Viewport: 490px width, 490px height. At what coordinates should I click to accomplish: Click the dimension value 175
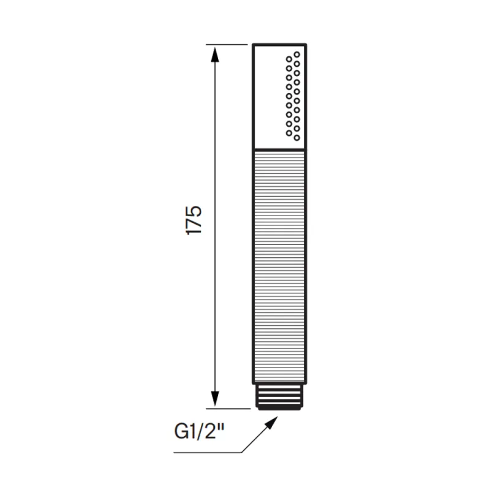194,220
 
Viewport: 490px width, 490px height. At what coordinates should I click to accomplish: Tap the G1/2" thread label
200,432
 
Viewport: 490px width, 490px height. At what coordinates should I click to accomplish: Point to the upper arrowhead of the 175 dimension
214,55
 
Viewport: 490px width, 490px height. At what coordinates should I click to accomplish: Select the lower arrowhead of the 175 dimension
214,399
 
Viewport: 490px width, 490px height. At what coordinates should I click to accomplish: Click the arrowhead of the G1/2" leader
271,423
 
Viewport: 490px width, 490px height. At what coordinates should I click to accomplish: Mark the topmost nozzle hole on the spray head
297,55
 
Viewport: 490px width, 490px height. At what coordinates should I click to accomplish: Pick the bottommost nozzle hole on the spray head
297,137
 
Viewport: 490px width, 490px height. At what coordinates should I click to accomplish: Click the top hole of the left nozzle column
289,59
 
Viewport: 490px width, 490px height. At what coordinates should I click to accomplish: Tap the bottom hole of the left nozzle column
289,133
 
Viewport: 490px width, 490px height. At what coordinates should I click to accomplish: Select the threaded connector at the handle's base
279,396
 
